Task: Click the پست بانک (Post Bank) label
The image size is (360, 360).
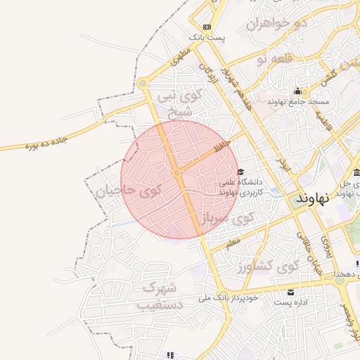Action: (206, 37)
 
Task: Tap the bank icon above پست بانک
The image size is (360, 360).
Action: (206, 27)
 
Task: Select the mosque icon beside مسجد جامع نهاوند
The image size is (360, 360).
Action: (298, 91)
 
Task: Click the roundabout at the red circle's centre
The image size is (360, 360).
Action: (177, 173)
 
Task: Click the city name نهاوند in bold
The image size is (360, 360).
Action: (313, 198)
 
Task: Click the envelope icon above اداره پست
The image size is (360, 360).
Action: (290, 292)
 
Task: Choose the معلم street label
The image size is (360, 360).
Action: (233, 243)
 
